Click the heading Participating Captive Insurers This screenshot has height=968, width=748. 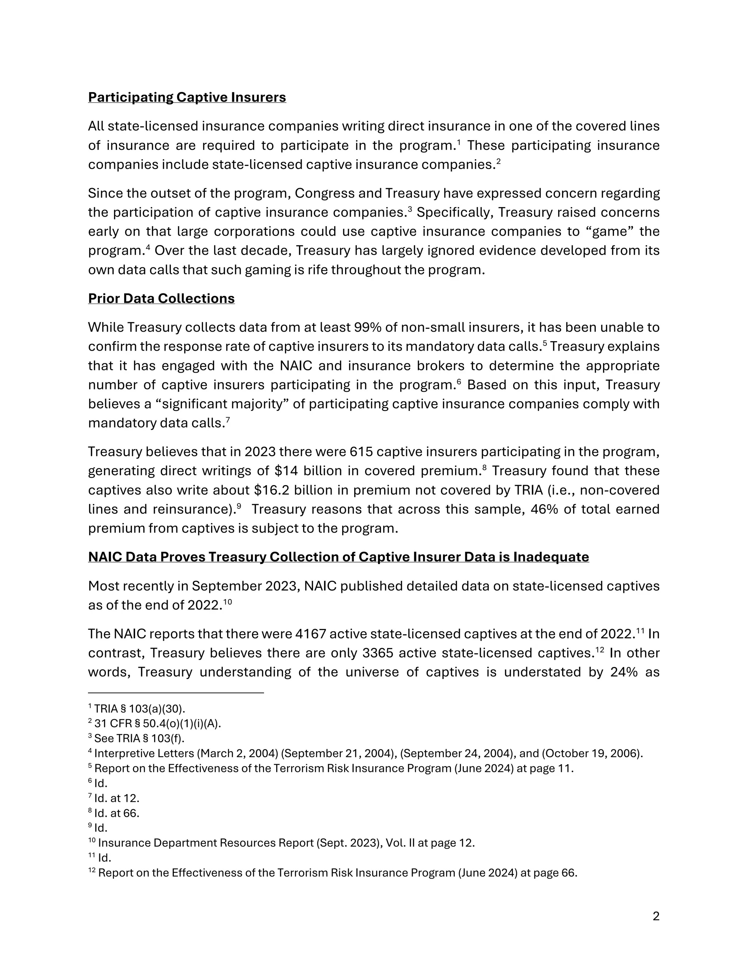click(187, 97)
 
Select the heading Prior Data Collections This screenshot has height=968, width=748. click(161, 298)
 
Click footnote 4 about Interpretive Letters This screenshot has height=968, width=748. click(366, 754)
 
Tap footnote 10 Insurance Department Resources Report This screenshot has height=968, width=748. click(282, 843)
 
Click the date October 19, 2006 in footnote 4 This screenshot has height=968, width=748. click(591, 754)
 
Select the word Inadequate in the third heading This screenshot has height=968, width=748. click(551, 557)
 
